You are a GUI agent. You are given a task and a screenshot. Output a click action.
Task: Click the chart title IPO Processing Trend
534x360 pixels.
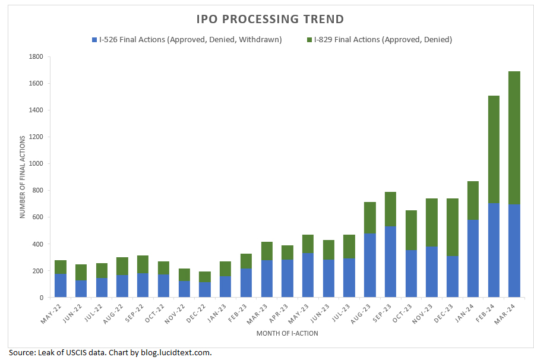tap(270, 19)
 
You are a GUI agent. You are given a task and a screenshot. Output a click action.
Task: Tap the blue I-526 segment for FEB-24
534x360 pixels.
tap(494, 250)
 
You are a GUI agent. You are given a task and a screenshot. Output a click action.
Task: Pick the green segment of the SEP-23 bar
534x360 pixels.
tap(391, 209)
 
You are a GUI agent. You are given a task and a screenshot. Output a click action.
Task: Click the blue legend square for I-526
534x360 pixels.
tap(94, 40)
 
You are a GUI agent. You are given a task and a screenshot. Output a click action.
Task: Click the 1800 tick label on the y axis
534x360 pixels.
tap(36, 56)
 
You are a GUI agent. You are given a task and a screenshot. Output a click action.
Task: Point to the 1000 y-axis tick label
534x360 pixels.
tap(36, 164)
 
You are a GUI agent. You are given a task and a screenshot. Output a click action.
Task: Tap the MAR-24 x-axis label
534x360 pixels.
tap(507, 314)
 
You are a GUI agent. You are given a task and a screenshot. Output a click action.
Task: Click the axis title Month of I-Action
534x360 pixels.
tap(287, 333)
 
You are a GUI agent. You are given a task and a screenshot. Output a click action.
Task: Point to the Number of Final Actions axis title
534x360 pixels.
tap(23, 177)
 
